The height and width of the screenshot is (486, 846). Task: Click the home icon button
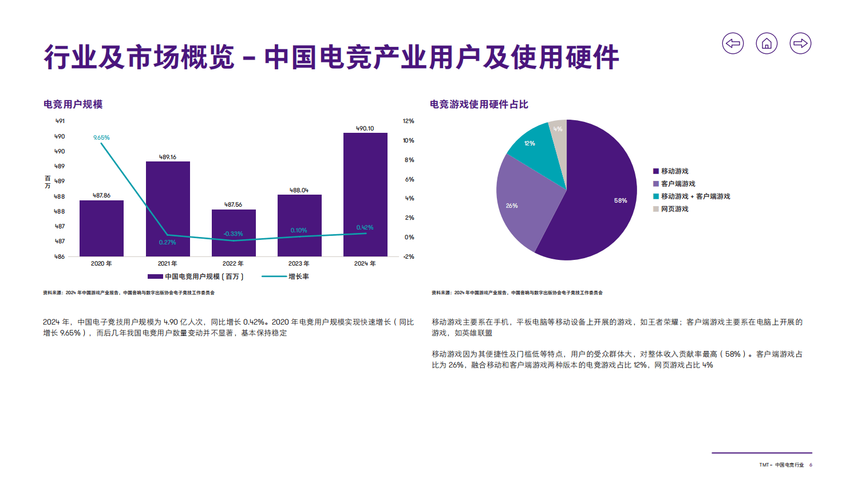(x=766, y=44)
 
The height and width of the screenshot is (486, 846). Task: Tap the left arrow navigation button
(x=733, y=44)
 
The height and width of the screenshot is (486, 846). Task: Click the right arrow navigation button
(x=800, y=44)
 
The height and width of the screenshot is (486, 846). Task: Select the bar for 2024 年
(x=365, y=195)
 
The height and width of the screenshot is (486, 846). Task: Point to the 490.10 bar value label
(x=365, y=128)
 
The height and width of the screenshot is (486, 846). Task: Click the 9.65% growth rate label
(x=101, y=137)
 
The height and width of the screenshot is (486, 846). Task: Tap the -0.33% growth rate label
(x=233, y=234)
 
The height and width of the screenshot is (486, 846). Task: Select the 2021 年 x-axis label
(x=167, y=263)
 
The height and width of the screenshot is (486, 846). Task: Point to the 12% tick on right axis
(x=408, y=121)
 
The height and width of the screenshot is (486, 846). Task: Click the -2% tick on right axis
(x=408, y=256)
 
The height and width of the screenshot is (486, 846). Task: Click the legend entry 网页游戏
(x=674, y=209)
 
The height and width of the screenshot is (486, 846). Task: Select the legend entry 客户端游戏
(x=678, y=184)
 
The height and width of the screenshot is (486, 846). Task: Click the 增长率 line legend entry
(x=298, y=276)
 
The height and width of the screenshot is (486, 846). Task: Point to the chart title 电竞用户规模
(x=73, y=104)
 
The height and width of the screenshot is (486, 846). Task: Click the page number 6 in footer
(x=811, y=465)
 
